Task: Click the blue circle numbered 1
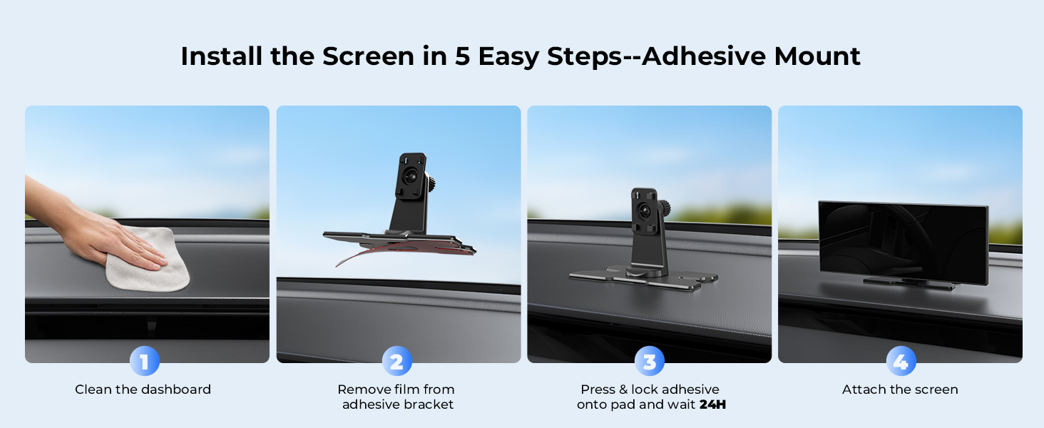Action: (x=145, y=361)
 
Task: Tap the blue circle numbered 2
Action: (x=397, y=361)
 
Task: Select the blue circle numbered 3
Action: (x=649, y=361)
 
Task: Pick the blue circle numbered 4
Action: (x=901, y=361)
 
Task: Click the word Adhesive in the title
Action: (x=704, y=56)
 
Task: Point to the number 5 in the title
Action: (x=462, y=56)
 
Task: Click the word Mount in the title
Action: (x=817, y=56)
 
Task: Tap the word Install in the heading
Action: (x=221, y=56)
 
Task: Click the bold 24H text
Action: (x=712, y=404)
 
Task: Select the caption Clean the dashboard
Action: (x=143, y=389)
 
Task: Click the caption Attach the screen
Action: (x=900, y=389)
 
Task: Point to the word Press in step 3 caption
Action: (x=597, y=389)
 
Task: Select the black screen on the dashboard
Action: (x=903, y=243)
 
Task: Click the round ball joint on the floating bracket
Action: (x=411, y=175)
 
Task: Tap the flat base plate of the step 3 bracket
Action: (x=643, y=277)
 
